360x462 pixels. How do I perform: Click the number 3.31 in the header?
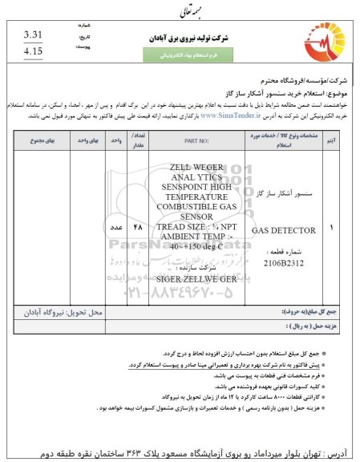coord(33,35)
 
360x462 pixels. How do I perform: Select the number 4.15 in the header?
coord(33,51)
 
